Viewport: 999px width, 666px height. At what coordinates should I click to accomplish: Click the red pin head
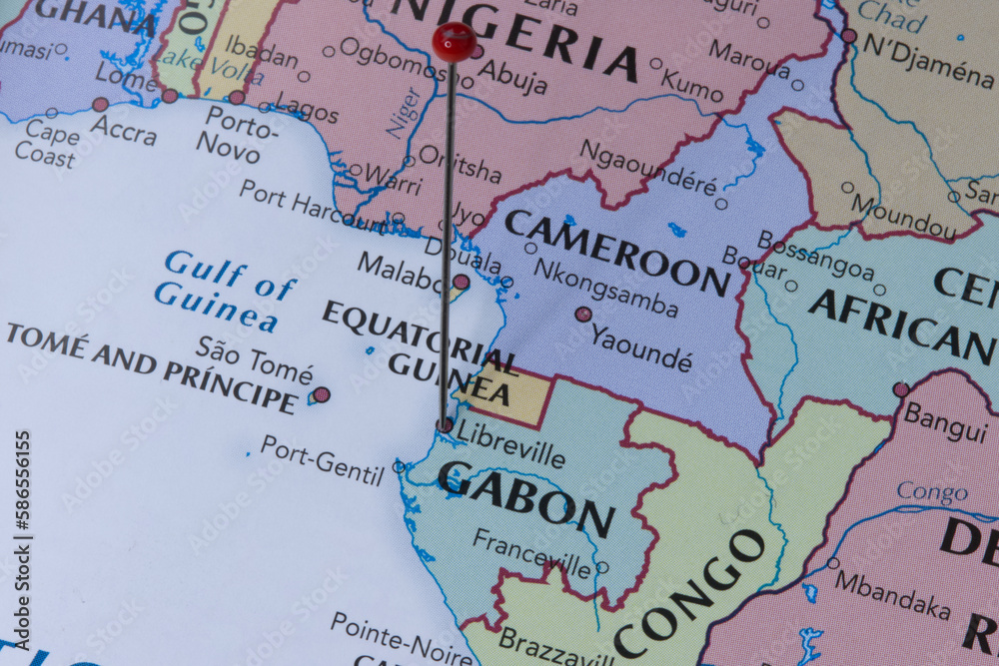pyautogui.click(x=454, y=42)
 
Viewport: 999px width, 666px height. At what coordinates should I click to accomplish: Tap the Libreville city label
pyautogui.click(x=509, y=443)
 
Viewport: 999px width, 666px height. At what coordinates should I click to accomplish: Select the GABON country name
pyautogui.click(x=525, y=498)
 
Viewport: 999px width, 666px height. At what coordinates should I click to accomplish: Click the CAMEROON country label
pyautogui.click(x=616, y=253)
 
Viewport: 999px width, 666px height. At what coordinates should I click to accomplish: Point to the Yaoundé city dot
pyautogui.click(x=582, y=314)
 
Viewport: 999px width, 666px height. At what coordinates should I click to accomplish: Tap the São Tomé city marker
pyautogui.click(x=321, y=394)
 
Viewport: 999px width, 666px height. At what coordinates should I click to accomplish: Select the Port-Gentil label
pyautogui.click(x=322, y=460)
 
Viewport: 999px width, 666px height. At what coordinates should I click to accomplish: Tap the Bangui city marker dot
pyautogui.click(x=901, y=389)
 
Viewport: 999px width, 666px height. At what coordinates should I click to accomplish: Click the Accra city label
pyautogui.click(x=123, y=129)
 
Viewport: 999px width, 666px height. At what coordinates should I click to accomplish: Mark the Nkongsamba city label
pyautogui.click(x=605, y=287)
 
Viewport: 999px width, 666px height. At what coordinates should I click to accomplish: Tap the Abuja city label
pyautogui.click(x=512, y=75)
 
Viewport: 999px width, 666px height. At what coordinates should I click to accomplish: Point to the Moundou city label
pyautogui.click(x=903, y=216)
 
